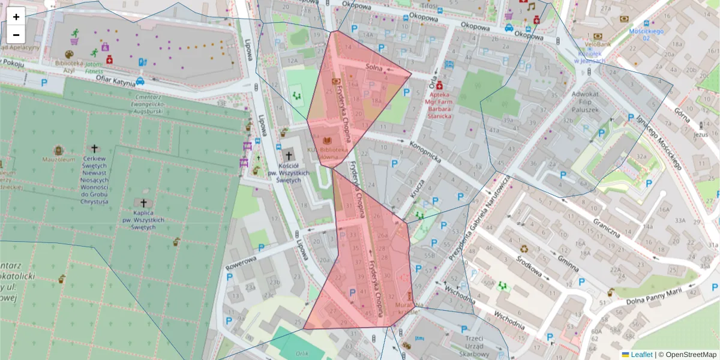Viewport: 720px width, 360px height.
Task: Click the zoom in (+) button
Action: [16, 17]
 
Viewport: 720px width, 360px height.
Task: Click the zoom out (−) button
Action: [16, 34]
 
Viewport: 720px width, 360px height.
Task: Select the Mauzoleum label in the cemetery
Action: [58, 160]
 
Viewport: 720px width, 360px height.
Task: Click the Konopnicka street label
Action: [425, 152]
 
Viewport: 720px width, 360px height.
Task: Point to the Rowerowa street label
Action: [241, 263]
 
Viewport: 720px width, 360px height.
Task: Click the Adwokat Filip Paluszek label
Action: [586, 102]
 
